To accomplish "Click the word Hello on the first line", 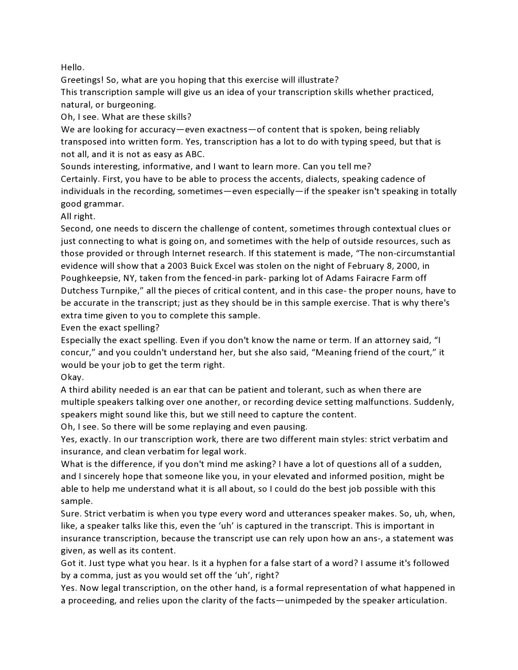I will [x=72, y=67].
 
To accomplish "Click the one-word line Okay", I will [x=72, y=377].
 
